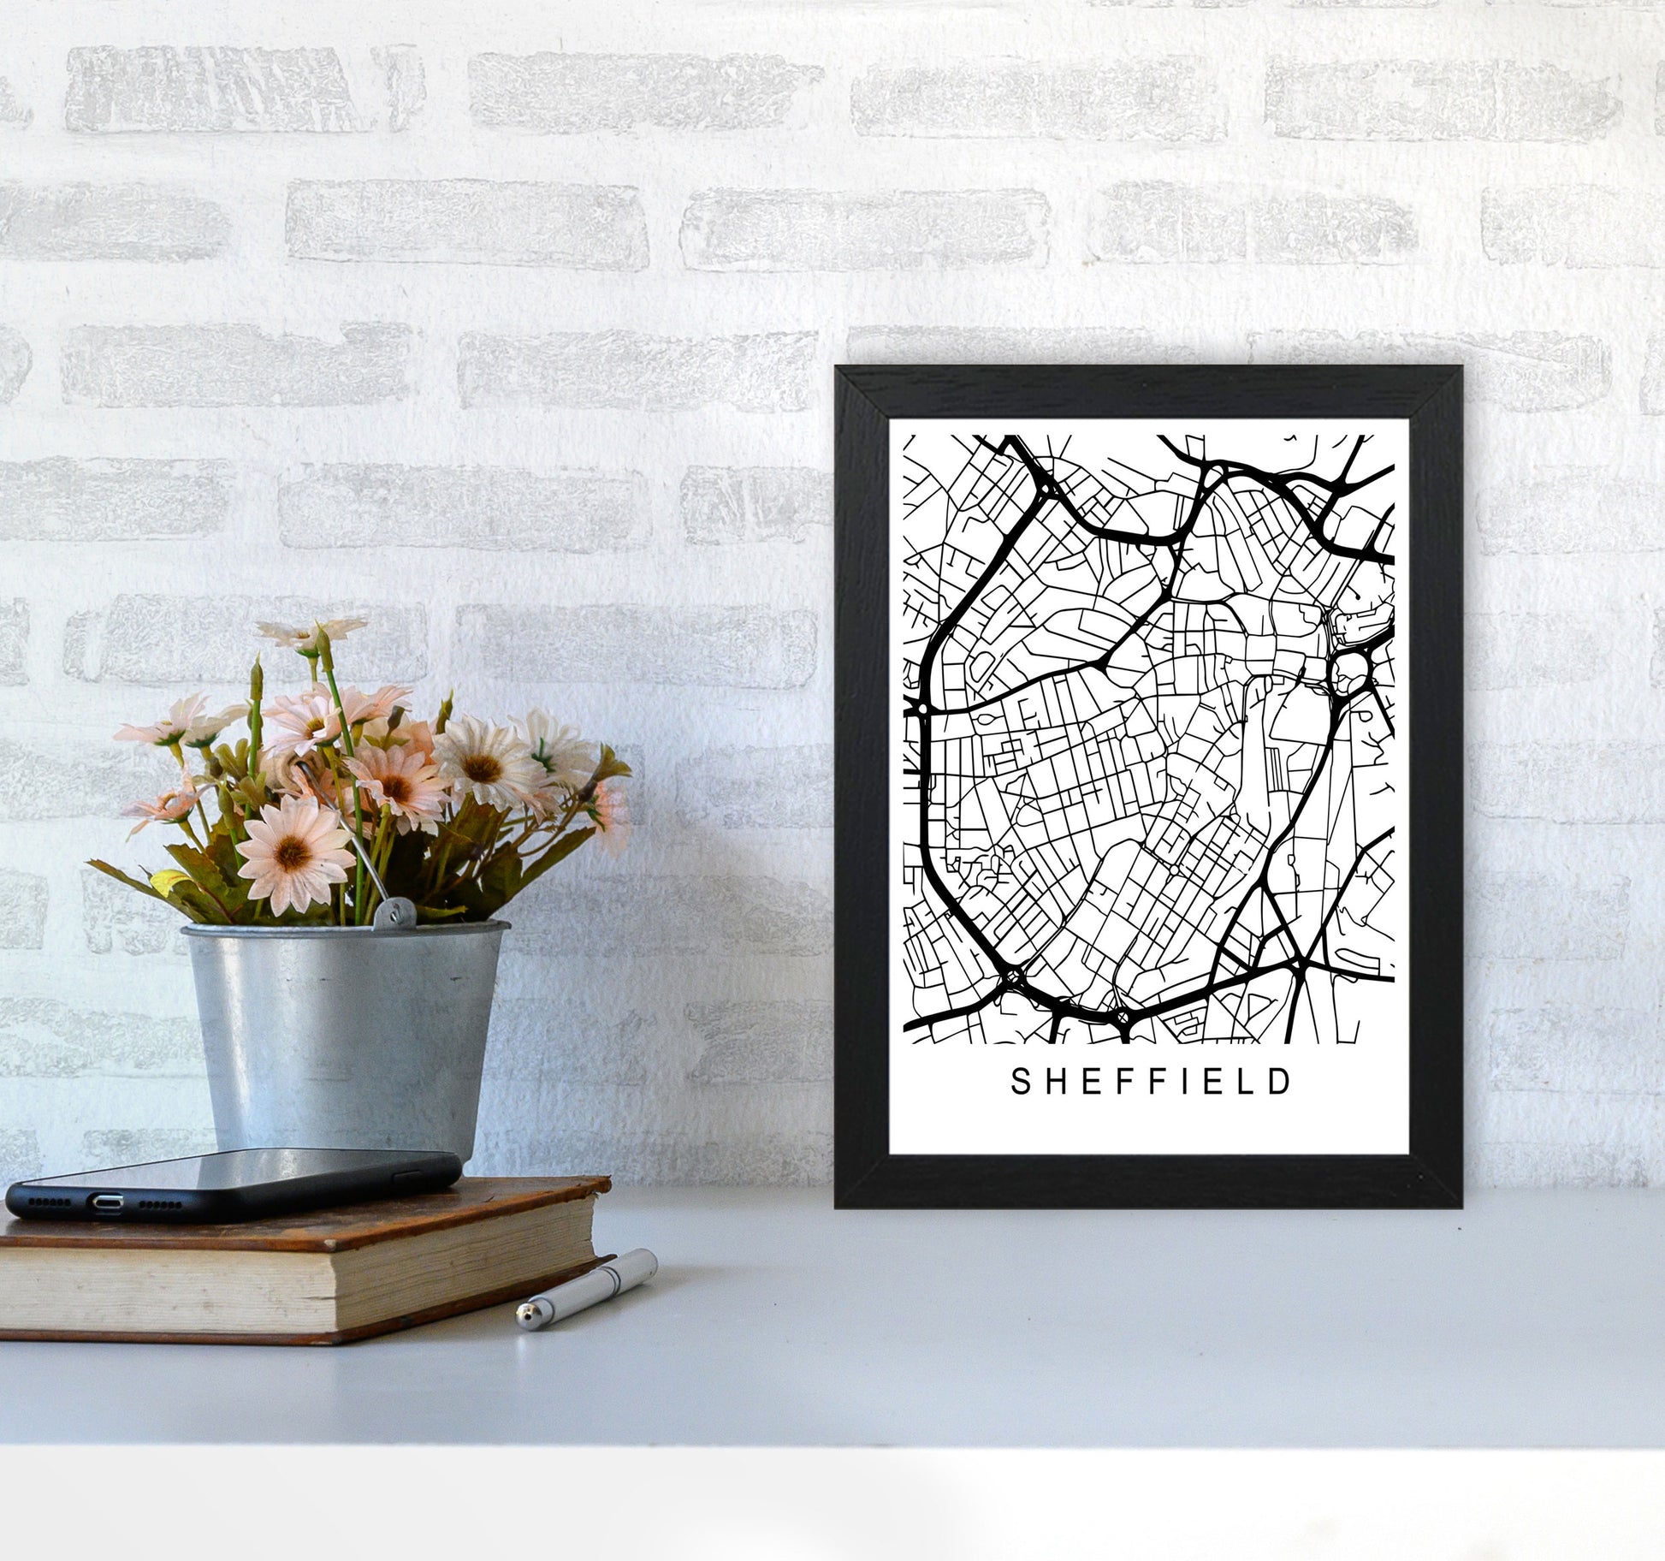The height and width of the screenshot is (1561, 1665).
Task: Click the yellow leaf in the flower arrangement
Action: pyautogui.click(x=166, y=881)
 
